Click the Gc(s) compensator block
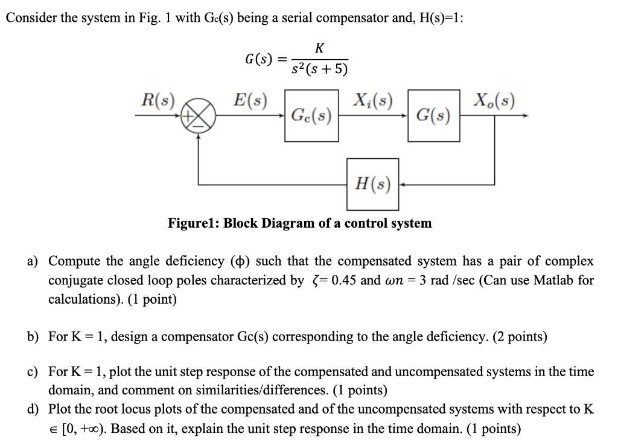pyautogui.click(x=311, y=115)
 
